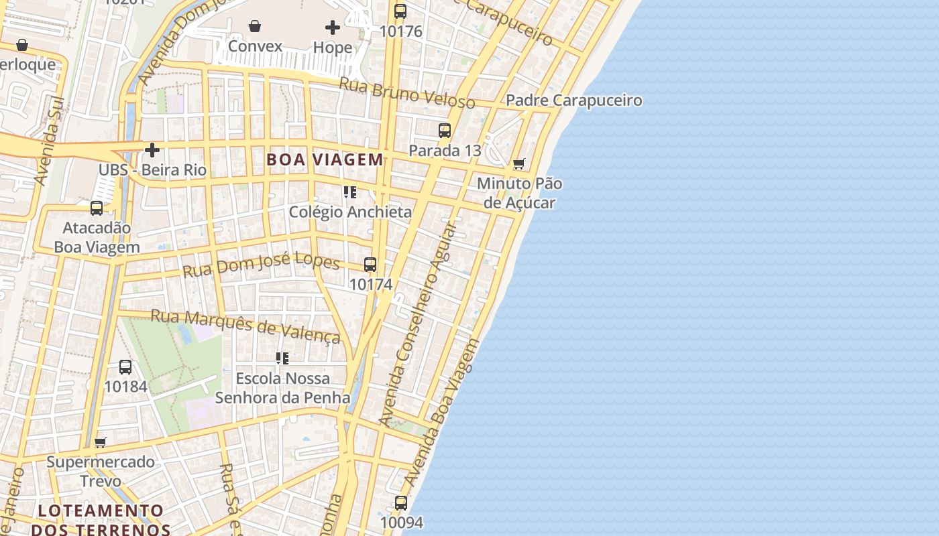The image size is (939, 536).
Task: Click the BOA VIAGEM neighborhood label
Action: point(325,159)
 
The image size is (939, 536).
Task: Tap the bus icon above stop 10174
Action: point(370,265)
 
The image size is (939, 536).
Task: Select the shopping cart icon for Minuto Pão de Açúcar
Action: point(518,163)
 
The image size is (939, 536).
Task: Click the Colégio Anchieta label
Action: point(350,212)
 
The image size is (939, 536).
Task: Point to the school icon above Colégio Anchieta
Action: point(349,192)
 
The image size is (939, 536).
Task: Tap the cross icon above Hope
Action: point(333,27)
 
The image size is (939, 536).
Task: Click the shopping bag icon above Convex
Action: point(255,27)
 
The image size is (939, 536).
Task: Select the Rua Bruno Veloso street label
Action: point(407,93)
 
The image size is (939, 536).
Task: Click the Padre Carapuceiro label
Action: point(573,100)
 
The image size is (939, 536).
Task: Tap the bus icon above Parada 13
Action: point(445,131)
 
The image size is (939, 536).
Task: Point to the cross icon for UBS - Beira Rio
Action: point(153,150)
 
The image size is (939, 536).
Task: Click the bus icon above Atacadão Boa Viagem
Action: point(97,208)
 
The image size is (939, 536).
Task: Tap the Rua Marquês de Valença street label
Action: point(245,325)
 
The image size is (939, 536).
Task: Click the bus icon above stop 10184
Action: point(125,367)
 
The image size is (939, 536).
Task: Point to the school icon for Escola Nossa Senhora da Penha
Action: point(282,358)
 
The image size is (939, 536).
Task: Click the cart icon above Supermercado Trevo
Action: point(101,442)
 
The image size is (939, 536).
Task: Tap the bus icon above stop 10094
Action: point(401,503)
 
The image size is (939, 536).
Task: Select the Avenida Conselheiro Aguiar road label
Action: point(417,325)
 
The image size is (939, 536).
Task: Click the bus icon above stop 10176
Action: point(400,11)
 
